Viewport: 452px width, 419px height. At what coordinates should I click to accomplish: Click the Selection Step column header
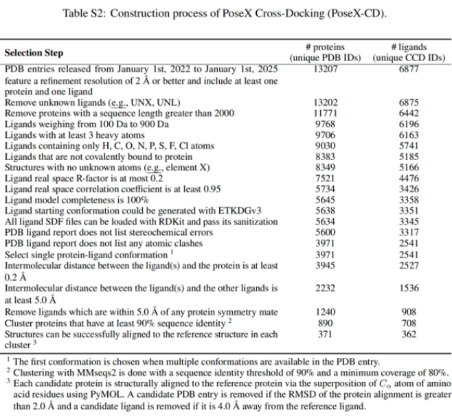tap(34, 53)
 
